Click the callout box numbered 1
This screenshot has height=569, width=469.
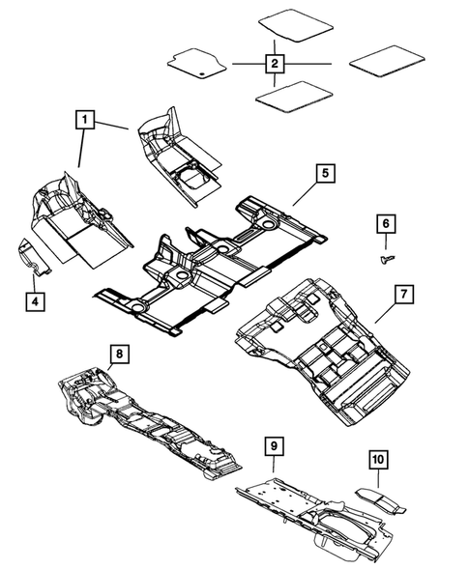point(86,122)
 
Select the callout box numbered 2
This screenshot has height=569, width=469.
point(275,64)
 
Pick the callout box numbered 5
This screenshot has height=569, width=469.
point(327,174)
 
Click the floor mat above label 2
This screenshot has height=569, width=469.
point(291,23)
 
